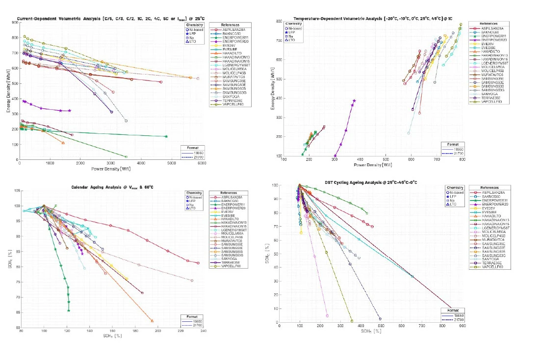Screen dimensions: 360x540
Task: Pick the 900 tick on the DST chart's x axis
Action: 463,326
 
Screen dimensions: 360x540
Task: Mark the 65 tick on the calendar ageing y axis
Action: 17,312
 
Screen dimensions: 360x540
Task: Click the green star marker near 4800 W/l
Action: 166,136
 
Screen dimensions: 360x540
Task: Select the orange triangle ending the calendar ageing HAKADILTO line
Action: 152,321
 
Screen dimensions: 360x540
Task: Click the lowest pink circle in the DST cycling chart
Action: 327,315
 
